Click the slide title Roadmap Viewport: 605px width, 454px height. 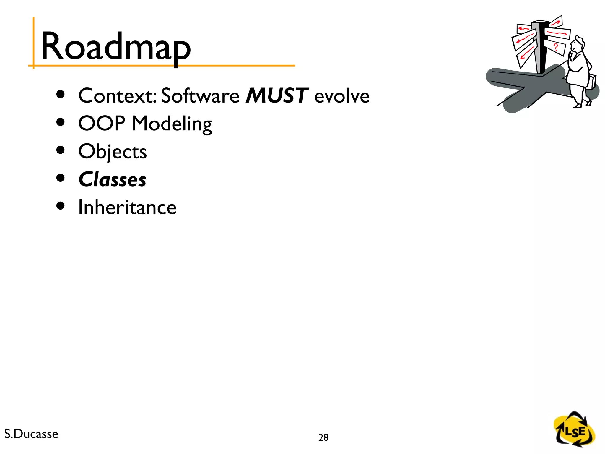(x=116, y=47)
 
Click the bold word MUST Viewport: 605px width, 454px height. (x=277, y=95)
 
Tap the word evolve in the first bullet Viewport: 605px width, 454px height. (x=342, y=96)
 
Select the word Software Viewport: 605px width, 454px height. (x=200, y=95)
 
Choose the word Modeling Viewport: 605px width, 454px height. (x=172, y=124)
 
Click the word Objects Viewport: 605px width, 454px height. (x=113, y=152)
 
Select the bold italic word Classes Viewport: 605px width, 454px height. (x=113, y=179)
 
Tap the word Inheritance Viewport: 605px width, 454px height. (x=127, y=207)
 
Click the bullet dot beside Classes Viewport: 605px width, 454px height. (x=60, y=178)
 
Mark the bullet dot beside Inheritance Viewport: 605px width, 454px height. (x=60, y=206)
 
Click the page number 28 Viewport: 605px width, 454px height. (x=323, y=437)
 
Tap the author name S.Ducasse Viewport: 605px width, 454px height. (x=31, y=434)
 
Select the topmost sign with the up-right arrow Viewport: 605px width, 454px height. (x=556, y=22)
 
